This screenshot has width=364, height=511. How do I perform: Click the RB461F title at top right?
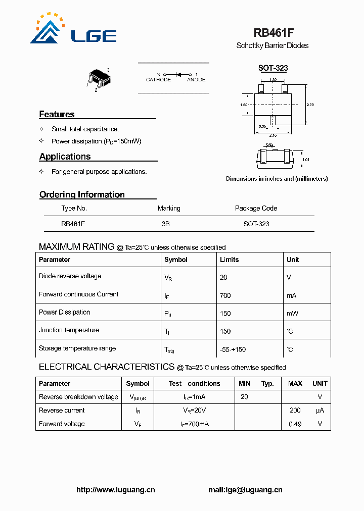(274, 33)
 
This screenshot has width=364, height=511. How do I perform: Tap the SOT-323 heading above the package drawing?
(272, 68)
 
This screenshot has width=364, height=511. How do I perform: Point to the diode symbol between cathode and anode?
(177, 74)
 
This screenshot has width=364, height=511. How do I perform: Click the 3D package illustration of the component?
(98, 78)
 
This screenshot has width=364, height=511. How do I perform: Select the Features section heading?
(57, 114)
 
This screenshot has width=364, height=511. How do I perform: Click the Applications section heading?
(65, 157)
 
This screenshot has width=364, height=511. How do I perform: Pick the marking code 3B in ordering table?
(166, 224)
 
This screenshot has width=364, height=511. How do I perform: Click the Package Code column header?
(256, 208)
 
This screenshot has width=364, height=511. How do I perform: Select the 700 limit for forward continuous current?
(225, 295)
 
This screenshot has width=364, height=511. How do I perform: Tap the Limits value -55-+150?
(233, 349)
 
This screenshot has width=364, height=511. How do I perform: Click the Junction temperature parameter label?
(69, 330)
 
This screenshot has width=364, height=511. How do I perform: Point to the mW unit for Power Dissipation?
(292, 313)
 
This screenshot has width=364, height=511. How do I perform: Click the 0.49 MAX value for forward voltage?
(295, 424)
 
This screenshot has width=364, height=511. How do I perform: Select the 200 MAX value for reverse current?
(295, 411)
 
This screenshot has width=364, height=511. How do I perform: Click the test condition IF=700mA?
(196, 424)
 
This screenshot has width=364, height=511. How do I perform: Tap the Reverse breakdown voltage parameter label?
(78, 397)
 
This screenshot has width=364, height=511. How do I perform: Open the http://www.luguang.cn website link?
(115, 490)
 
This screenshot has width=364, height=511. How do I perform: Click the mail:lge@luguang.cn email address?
(245, 490)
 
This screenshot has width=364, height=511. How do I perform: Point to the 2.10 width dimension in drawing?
(273, 135)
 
